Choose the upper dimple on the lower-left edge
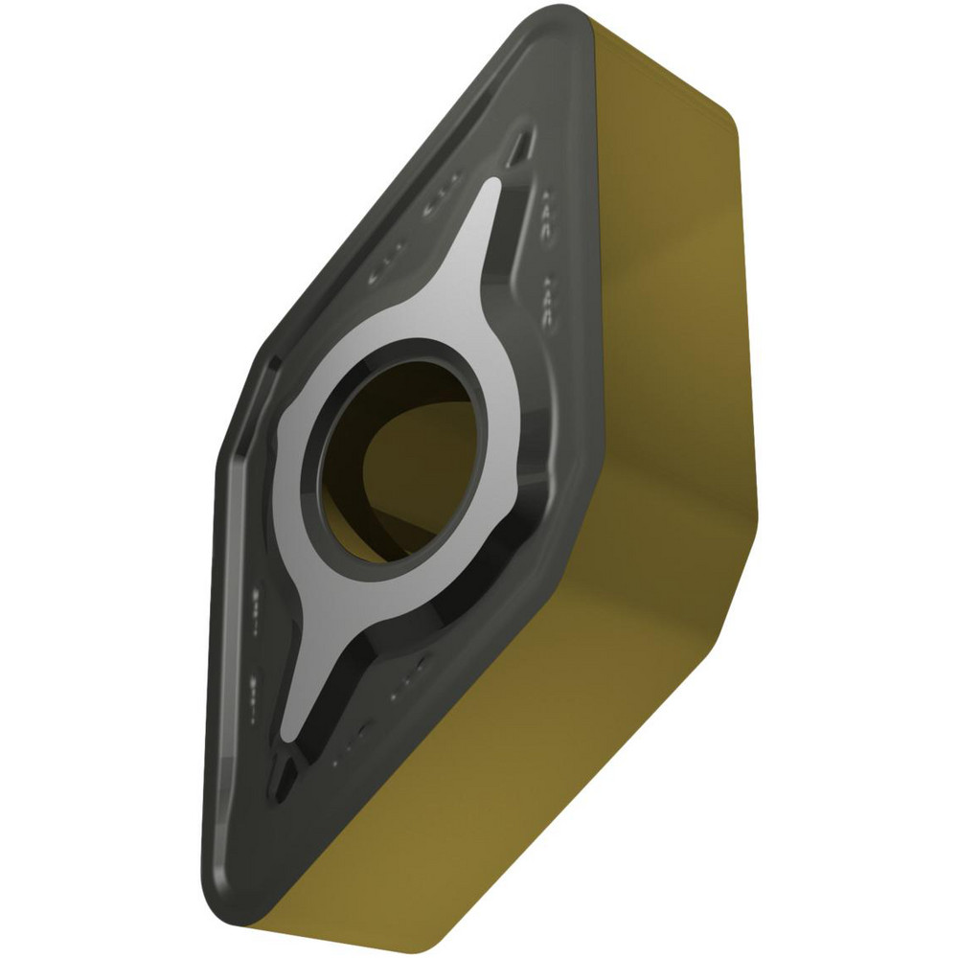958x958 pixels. tap(259, 604)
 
